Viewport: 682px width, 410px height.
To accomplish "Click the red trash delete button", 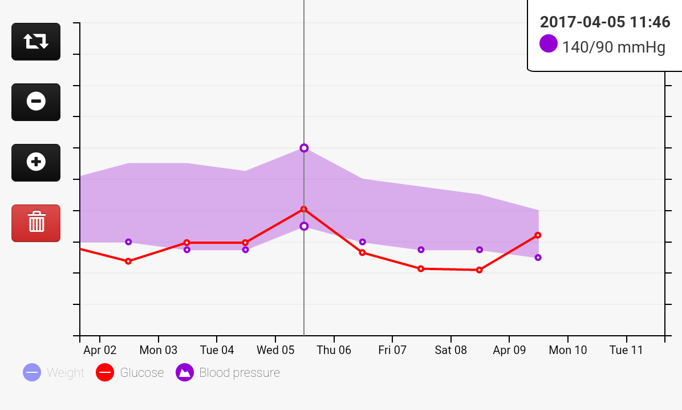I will coord(36,223).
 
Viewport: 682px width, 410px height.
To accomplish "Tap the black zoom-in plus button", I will coord(36,162).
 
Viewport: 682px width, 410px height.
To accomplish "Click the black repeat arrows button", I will coord(36,41).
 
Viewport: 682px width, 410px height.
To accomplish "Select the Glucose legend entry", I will coord(130,373).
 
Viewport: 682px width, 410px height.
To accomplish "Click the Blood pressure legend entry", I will coord(228,373).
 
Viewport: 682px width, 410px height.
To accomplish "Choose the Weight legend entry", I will coord(54,373).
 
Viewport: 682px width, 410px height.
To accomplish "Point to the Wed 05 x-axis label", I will coord(275,350).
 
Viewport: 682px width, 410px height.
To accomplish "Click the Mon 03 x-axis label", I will coord(159,350).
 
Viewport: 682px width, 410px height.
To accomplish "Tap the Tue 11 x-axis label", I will coord(626,350).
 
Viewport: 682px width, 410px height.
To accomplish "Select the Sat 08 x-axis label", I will coord(451,350).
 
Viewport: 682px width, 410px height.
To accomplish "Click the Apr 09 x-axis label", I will coord(509,350).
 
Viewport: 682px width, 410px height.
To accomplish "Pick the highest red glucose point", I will coord(304,210).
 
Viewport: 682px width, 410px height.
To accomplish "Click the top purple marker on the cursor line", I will coord(304,148).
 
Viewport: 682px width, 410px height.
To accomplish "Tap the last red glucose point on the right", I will coord(538,235).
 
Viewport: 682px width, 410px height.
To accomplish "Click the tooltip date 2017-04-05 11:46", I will coord(604,22).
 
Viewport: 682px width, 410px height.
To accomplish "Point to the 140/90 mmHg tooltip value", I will coord(614,47).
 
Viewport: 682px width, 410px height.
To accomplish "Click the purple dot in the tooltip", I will coord(549,44).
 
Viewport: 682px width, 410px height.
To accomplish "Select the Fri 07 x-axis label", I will coord(392,350).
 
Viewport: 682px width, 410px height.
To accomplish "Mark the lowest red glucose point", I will coord(479,270).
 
